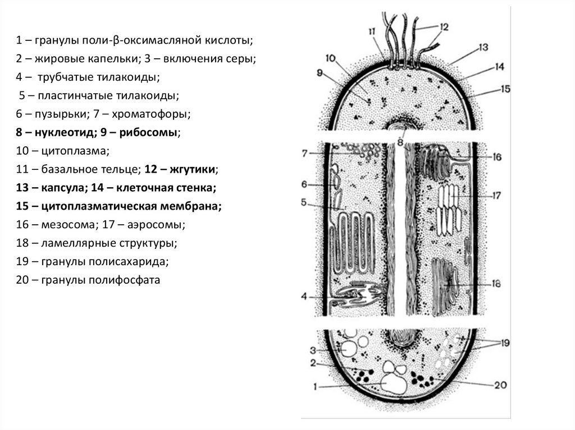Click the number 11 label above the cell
pyautogui.click(x=372, y=32)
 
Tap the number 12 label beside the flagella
pyautogui.click(x=444, y=26)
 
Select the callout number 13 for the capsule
pyautogui.click(x=484, y=48)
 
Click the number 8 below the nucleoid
pyautogui.click(x=400, y=142)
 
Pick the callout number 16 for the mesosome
pyautogui.click(x=497, y=158)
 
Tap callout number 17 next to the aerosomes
pyautogui.click(x=496, y=196)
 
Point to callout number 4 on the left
pyautogui.click(x=303, y=297)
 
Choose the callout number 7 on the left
pyautogui.click(x=304, y=152)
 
